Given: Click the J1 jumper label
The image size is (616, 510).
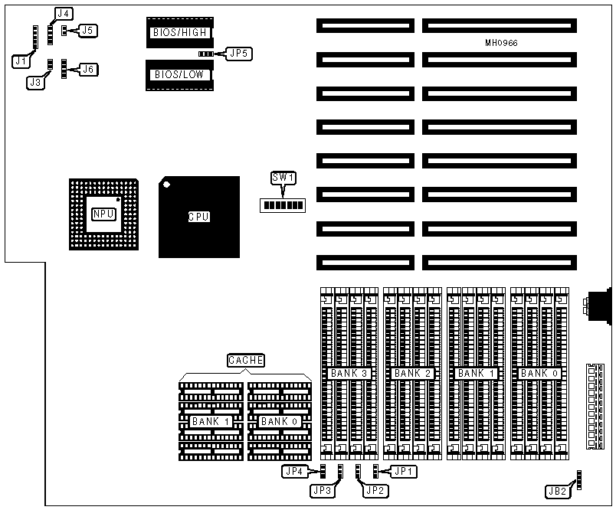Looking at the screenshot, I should coord(21,59).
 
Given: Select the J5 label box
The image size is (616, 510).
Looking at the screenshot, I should coord(88,31).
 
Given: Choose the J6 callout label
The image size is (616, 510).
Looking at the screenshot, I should coord(89,70).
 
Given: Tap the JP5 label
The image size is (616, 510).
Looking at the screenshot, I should coord(238,54).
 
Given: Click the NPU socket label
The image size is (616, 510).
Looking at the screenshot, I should coord(103,214).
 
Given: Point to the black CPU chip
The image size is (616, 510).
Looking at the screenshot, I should coord(198,217).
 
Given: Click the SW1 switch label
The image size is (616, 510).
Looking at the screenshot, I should coord(283,178).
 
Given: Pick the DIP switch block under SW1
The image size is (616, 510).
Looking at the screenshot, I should coord(283,205).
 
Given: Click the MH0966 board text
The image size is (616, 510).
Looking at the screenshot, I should coord(501,43).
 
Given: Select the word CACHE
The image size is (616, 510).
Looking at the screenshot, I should coord(246,360).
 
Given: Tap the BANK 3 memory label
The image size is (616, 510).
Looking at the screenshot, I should coord(349,373).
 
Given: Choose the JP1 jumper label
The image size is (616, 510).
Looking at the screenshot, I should coord(405,472).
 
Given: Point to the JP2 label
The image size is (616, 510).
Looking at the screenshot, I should coord(373,490).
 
